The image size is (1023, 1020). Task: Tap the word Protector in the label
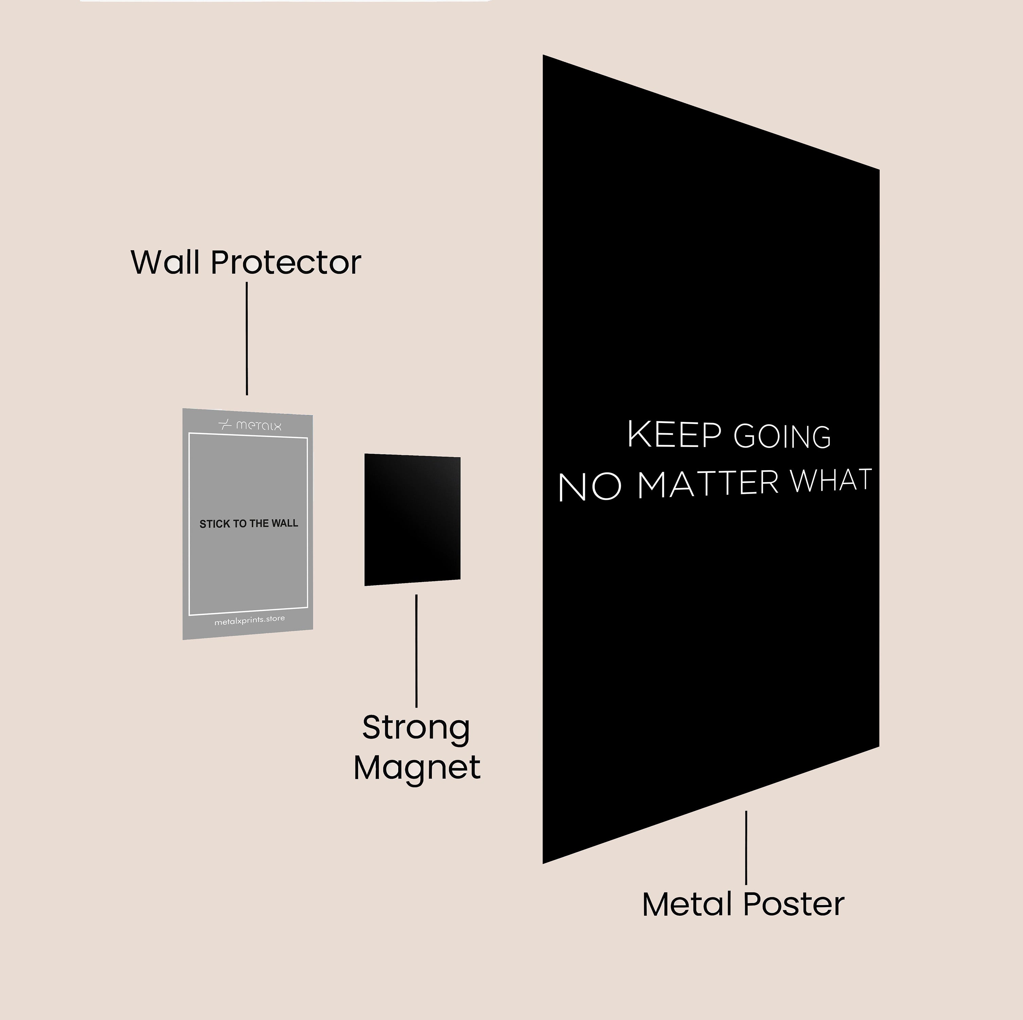pyautogui.click(x=286, y=262)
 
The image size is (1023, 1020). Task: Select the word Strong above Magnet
pyautogui.click(x=416, y=729)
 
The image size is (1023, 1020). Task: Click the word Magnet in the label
pyautogui.click(x=417, y=768)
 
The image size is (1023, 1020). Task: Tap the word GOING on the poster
pyautogui.click(x=782, y=437)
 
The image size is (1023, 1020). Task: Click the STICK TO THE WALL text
pyautogui.click(x=249, y=524)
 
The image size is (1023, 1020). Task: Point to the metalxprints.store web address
pyautogui.click(x=249, y=620)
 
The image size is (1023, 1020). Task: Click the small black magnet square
pyautogui.click(x=412, y=519)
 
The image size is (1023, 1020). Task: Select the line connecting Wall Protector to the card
pyautogui.click(x=247, y=339)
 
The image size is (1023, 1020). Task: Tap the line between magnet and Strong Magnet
pyautogui.click(x=416, y=651)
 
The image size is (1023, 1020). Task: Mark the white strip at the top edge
pyautogui.click(x=286, y=1)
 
